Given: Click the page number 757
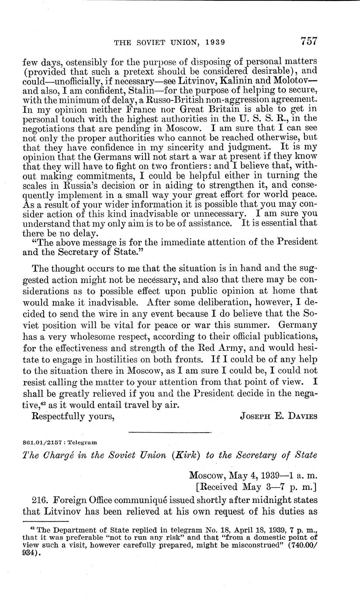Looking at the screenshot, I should click(x=308, y=42).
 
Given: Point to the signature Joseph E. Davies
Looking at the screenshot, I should click(x=279, y=416).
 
